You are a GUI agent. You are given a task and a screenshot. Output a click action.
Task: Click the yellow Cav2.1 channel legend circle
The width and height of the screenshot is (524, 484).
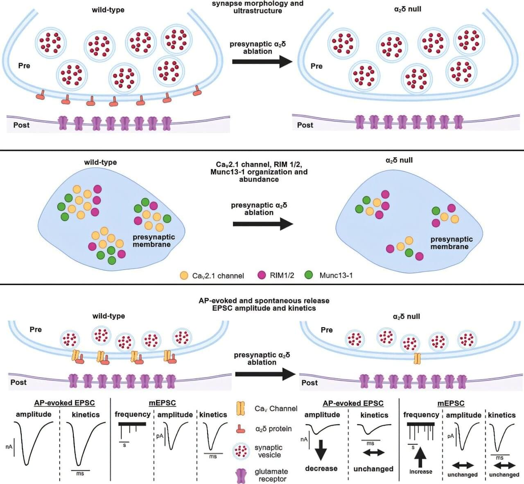tap(184, 276)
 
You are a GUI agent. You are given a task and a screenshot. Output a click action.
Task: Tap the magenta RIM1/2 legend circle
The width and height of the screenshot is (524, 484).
tap(262, 276)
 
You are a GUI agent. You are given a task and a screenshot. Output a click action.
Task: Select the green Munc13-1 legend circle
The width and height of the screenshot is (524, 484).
tap(309, 276)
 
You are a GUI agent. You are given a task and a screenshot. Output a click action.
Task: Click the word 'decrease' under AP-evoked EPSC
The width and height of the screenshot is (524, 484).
tap(321, 468)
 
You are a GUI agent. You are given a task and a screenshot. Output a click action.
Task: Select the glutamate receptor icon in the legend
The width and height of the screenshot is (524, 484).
tap(242, 476)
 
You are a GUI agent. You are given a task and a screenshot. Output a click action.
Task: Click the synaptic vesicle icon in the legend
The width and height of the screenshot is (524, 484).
tap(241, 451)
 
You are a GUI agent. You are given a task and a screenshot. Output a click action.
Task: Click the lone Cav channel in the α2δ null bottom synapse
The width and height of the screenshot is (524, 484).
tap(417, 359)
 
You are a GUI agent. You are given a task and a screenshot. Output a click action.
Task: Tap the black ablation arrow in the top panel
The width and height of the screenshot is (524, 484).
tap(262, 62)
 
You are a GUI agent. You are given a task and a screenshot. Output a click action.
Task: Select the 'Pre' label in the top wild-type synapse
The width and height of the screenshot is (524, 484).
tap(24, 66)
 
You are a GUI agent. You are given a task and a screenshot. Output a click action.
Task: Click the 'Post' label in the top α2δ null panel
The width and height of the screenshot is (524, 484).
tap(305, 125)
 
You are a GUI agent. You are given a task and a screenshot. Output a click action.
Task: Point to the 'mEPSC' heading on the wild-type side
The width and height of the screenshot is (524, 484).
tap(162, 403)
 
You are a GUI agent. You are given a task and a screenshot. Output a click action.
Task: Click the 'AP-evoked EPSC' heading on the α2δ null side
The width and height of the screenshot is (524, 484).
tap(353, 404)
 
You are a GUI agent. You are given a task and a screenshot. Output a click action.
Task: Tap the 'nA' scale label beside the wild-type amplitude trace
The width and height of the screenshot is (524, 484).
tap(9, 447)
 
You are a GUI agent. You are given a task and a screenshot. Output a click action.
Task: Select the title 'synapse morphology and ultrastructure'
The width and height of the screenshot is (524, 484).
tap(257, 7)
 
